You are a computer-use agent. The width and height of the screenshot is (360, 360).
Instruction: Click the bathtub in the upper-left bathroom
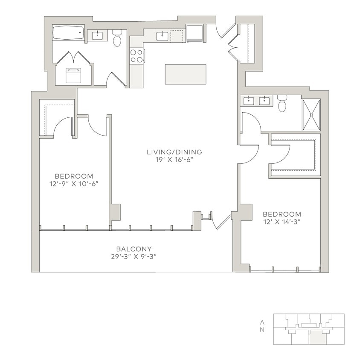68,33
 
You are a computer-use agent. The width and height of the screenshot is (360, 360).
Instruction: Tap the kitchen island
185,74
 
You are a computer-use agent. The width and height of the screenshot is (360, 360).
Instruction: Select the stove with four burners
136,56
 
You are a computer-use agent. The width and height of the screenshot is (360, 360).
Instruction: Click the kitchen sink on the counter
163,36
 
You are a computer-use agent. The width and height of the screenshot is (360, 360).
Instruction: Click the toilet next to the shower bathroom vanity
282,103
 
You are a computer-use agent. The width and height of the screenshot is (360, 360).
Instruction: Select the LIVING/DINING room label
174,152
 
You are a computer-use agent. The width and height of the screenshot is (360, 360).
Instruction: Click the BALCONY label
134,249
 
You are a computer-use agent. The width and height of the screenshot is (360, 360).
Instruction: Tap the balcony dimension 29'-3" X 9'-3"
134,256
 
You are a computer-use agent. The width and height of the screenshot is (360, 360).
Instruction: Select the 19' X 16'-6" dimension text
174,160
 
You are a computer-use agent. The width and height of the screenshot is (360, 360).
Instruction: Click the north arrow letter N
262,329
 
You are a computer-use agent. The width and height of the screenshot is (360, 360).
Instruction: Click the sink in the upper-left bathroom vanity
96,35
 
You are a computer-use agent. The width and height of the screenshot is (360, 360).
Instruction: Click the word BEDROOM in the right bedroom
282,214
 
